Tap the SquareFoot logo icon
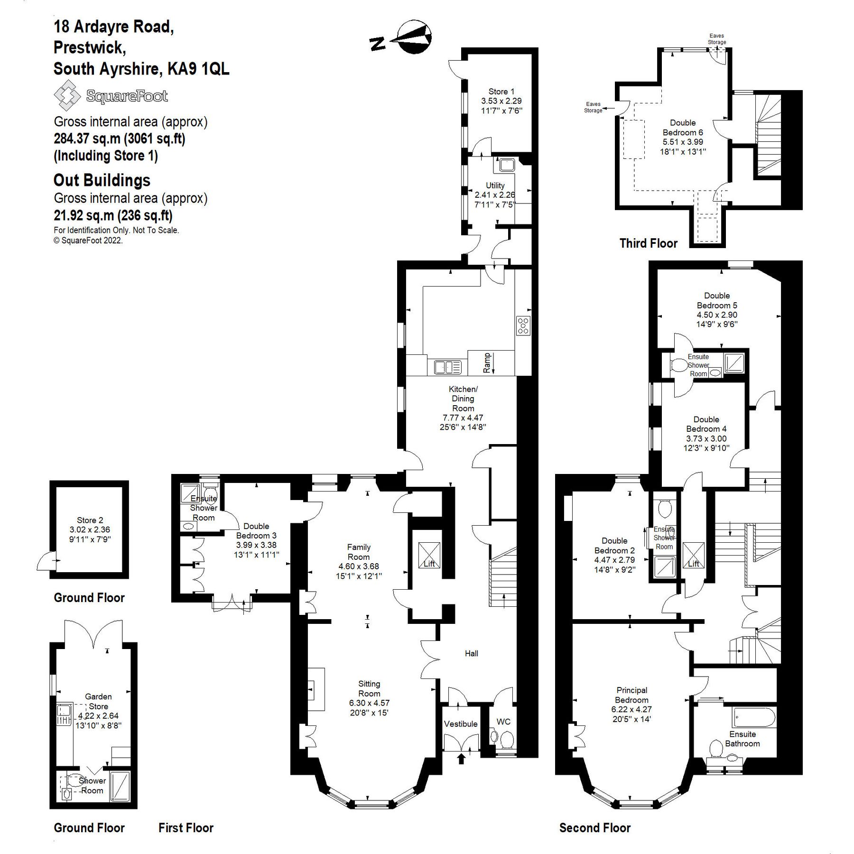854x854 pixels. coord(67,95)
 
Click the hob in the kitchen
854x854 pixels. coord(523,325)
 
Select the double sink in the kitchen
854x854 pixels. coord(447,367)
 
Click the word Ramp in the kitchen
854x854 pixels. coord(487,362)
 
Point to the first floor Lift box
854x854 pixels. coord(429,555)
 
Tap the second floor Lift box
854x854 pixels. coord(693,555)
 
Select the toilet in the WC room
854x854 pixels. coord(506,739)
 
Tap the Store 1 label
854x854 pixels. coord(501,92)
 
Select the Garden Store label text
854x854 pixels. coord(98,701)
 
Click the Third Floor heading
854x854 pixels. coord(648,243)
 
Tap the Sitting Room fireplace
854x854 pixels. coord(316,689)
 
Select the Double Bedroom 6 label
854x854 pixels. coord(683,128)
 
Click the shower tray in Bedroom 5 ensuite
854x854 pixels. coord(733,362)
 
